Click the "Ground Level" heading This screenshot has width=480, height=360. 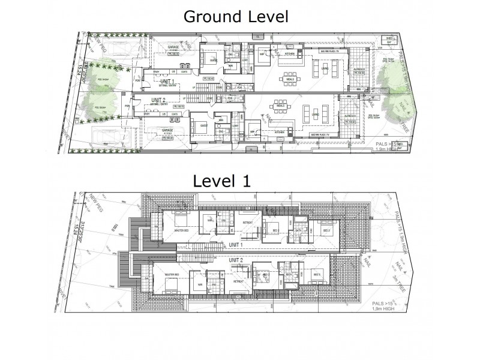(236, 16)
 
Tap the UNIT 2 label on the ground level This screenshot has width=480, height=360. (158, 100)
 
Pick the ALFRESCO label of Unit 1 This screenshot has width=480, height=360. (359, 71)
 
